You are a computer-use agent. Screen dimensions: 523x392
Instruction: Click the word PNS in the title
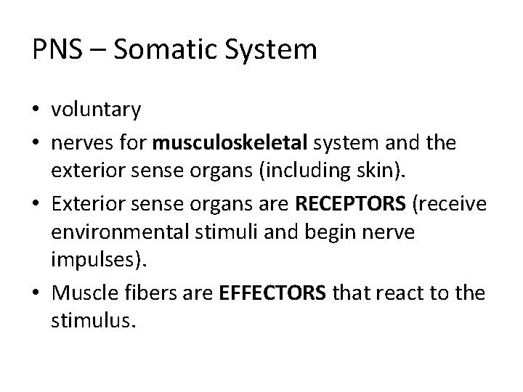55,50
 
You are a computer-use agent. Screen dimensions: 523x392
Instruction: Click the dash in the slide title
94,51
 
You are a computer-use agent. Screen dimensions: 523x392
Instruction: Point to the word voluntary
96,111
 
